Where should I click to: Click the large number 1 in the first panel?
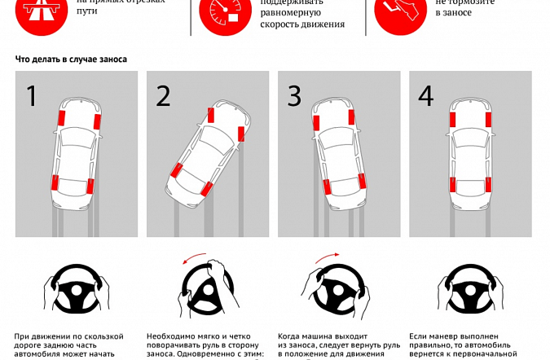[32, 96]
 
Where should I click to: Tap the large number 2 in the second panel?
[163, 96]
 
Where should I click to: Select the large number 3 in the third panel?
[294, 96]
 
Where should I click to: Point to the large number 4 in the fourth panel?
[426, 96]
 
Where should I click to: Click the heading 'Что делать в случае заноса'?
[71, 59]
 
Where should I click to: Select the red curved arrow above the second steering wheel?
[195, 259]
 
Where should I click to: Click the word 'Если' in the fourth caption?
[417, 336]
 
